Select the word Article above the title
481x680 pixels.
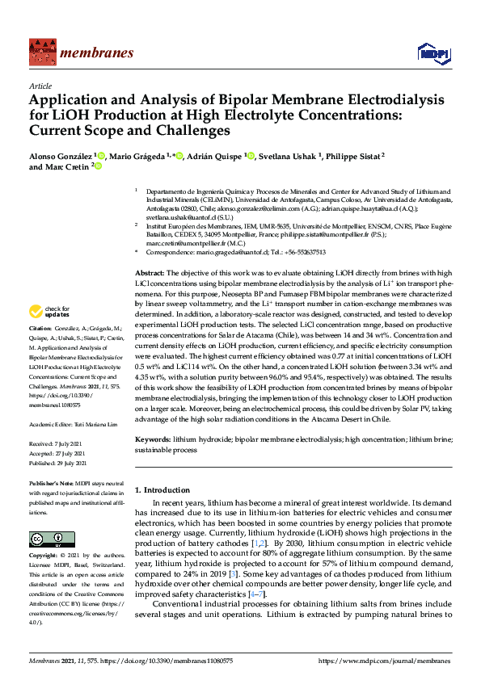tap(39, 85)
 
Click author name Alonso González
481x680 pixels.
tap(59, 154)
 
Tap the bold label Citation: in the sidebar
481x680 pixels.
tap(40, 330)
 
